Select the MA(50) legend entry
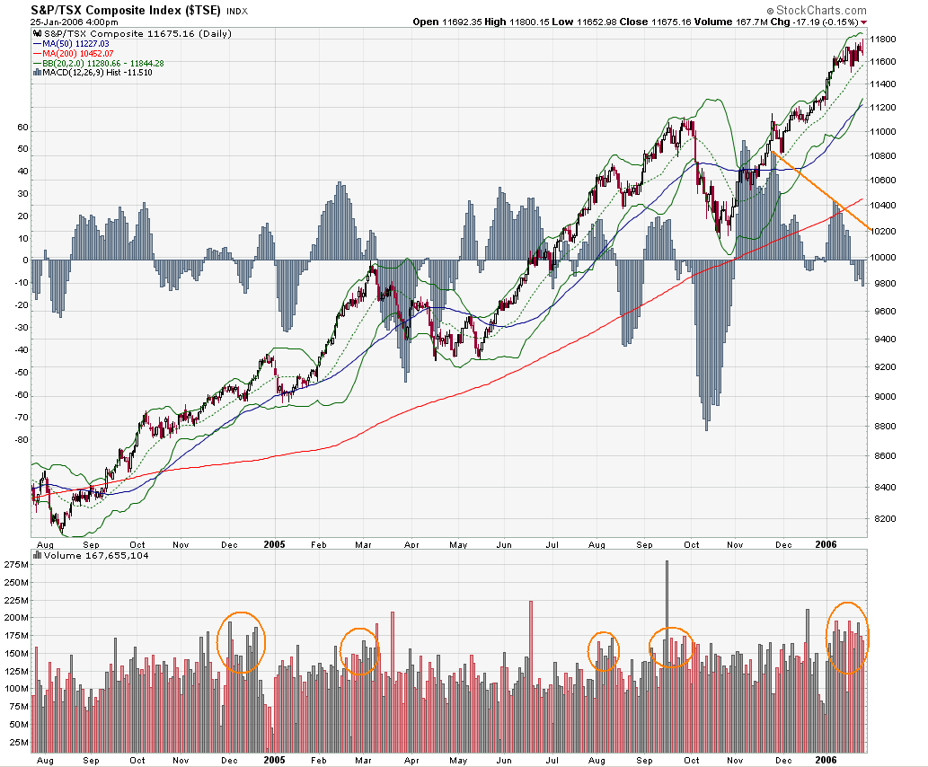coord(71,43)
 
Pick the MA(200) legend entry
coord(73,53)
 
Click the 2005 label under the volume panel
coord(273,760)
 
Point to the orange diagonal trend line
coord(818,190)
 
